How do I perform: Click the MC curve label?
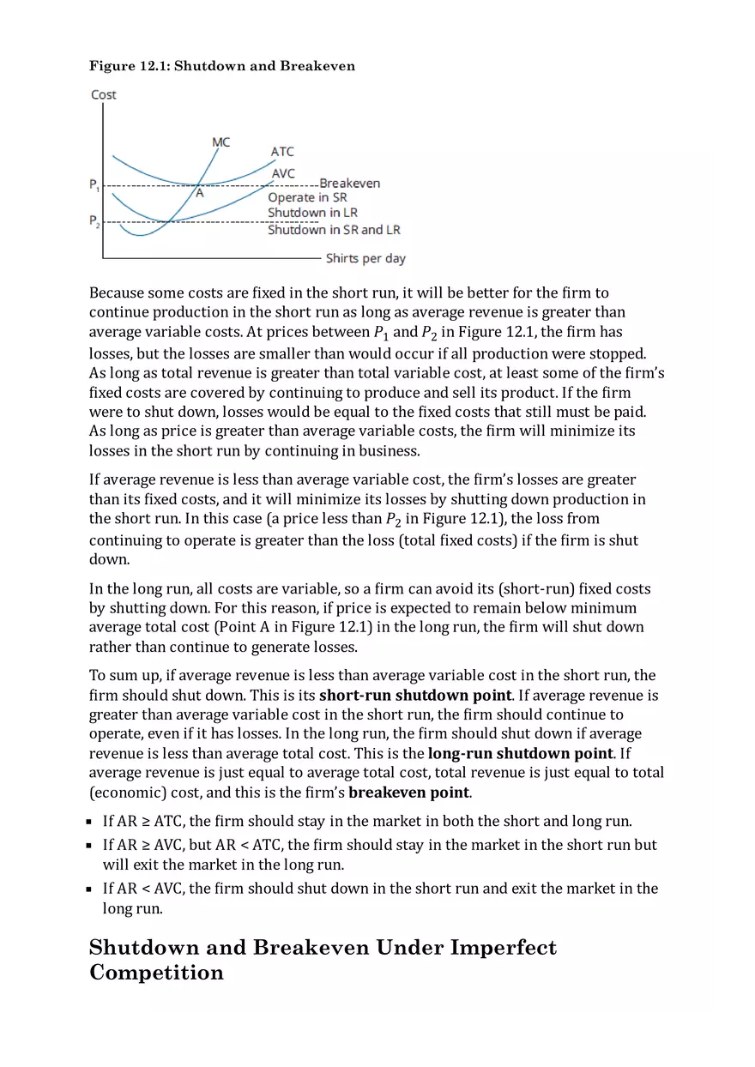[x=220, y=142]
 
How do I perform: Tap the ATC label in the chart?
[x=282, y=152]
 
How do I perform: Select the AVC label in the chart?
[x=283, y=174]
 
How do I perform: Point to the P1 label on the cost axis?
[x=94, y=184]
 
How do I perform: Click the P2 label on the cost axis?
[x=94, y=221]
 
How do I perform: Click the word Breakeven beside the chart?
[x=349, y=184]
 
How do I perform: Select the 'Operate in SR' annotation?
[x=307, y=198]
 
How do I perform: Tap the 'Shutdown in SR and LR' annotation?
[x=334, y=230]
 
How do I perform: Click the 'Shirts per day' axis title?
[x=365, y=258]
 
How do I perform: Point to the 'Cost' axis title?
[x=104, y=94]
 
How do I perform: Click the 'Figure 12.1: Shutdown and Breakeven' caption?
[x=222, y=66]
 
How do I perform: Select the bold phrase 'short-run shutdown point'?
[x=415, y=695]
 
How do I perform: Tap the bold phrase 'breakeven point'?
[x=409, y=793]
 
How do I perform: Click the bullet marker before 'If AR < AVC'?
[x=90, y=889]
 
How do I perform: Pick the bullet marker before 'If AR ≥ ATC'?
[x=90, y=822]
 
